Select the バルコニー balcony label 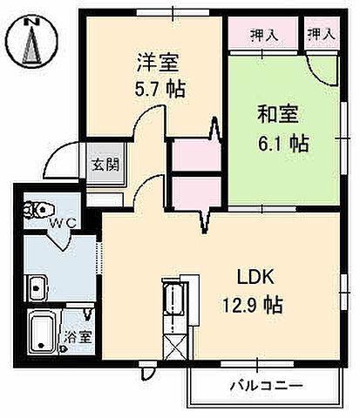click(266, 383)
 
